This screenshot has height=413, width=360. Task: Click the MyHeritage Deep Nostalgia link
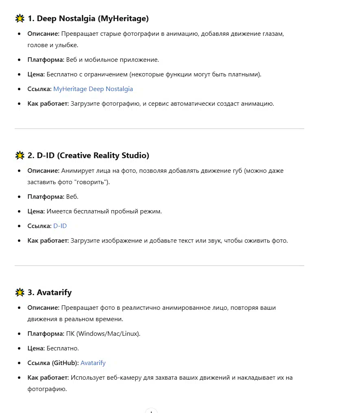(x=93, y=89)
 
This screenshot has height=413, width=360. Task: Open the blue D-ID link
(x=60, y=226)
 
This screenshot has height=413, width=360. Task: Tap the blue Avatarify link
(x=93, y=363)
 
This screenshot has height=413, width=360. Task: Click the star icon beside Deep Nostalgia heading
(x=20, y=18)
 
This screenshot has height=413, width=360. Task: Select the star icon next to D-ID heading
(x=20, y=155)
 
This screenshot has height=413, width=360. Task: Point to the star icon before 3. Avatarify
(x=20, y=292)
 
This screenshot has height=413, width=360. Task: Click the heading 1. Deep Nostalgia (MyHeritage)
(x=88, y=18)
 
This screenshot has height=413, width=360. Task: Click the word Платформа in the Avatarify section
(x=46, y=334)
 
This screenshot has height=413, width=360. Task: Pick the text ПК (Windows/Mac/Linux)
(x=103, y=334)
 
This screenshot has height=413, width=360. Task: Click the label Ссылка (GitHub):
(x=53, y=363)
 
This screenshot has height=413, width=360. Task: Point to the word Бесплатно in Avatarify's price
(x=63, y=348)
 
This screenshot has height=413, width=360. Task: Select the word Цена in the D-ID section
(x=35, y=211)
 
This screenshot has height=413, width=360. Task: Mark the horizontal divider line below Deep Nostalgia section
(x=159, y=129)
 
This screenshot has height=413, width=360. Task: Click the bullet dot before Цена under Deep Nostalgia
(x=19, y=74)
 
